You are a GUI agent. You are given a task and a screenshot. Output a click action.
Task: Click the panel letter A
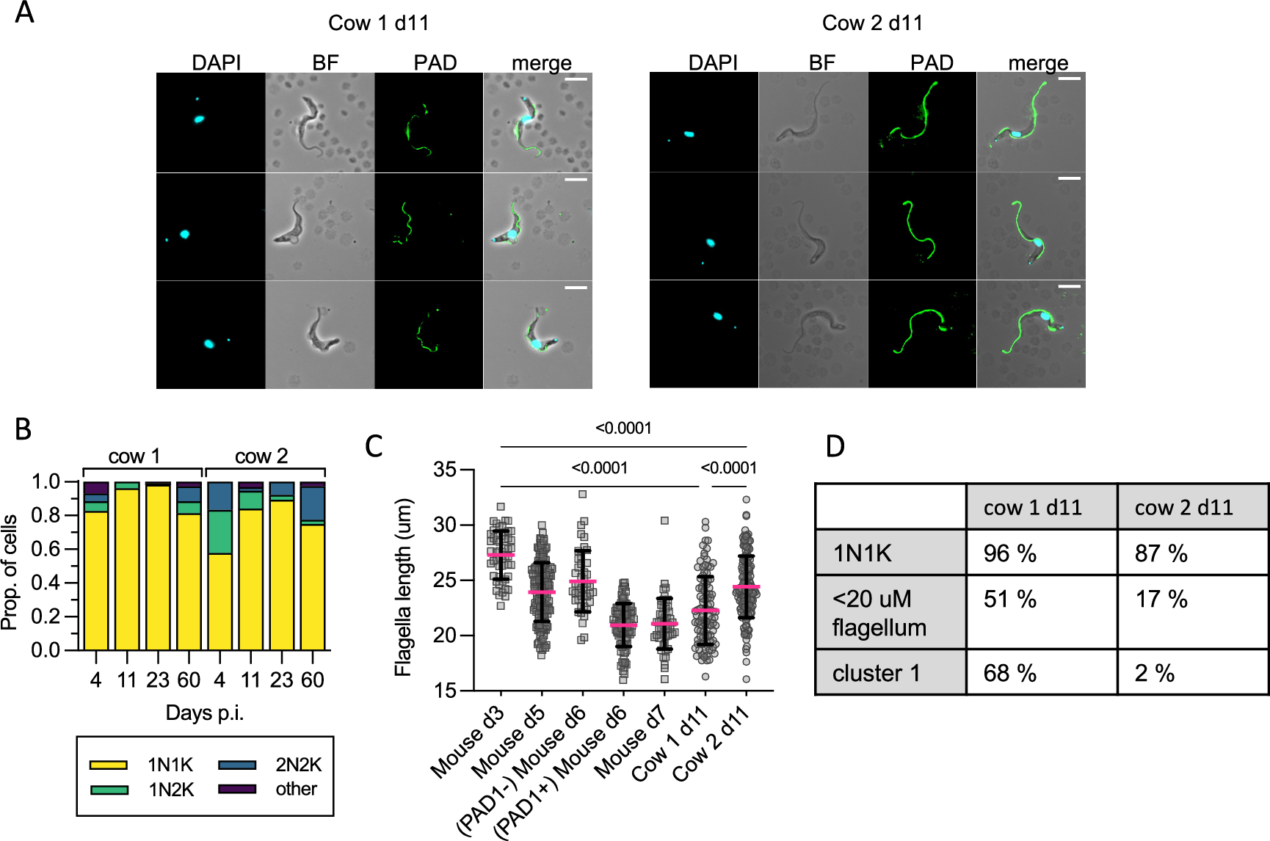click(24, 12)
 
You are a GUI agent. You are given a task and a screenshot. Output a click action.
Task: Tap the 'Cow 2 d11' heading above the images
click(872, 23)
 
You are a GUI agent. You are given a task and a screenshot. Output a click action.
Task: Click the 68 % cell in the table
click(1009, 673)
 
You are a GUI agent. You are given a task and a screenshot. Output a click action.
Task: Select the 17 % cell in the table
click(1161, 600)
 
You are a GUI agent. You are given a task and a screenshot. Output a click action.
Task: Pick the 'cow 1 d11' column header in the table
click(1032, 508)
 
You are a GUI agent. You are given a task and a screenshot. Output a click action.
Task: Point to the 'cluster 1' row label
click(876, 673)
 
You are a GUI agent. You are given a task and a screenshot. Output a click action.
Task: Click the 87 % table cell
click(1161, 553)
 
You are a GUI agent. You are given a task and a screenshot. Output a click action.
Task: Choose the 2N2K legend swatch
click(237, 765)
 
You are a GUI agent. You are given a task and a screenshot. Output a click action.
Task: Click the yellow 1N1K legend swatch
click(109, 765)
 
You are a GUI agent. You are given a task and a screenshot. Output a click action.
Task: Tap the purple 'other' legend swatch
click(237, 789)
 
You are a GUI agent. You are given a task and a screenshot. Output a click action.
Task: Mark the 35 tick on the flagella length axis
click(445, 470)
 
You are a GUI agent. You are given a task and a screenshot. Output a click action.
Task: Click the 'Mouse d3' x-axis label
click(468, 743)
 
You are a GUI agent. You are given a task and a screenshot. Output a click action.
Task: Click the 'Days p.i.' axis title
click(204, 713)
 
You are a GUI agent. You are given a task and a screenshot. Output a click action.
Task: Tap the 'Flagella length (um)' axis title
click(403, 587)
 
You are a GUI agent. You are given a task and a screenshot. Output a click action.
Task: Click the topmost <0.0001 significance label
click(623, 429)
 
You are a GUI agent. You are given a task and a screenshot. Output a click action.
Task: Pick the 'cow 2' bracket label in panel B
click(261, 456)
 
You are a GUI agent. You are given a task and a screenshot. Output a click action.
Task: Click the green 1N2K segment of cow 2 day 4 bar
click(219, 532)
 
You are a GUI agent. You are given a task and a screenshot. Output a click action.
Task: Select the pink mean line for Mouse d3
click(501, 555)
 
